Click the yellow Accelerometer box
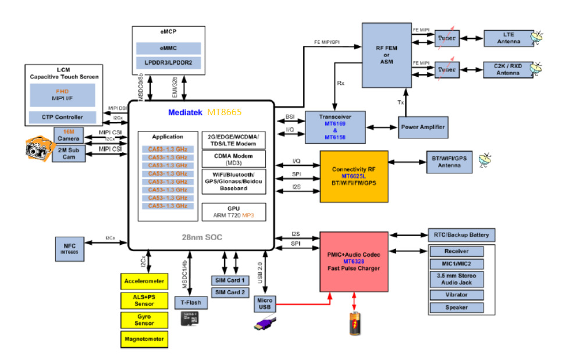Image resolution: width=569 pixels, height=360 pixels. [144, 281]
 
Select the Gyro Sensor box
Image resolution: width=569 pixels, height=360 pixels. [144, 319]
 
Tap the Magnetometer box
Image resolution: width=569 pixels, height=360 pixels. [144, 338]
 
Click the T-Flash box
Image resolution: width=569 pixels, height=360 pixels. [191, 302]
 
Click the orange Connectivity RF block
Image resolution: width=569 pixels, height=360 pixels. [354, 176]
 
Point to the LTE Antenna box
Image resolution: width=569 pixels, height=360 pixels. [504, 38]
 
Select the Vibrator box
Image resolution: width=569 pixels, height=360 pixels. [456, 294]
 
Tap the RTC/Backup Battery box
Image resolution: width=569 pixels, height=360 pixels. [462, 235]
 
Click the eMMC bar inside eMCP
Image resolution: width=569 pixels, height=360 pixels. [169, 48]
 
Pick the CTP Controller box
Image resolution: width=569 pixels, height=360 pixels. [62, 117]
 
